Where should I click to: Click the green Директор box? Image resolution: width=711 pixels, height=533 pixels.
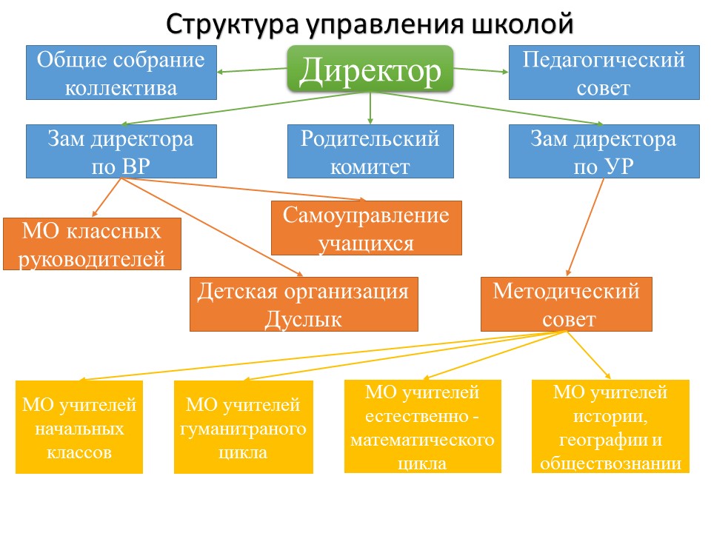pyautogui.click(x=370, y=69)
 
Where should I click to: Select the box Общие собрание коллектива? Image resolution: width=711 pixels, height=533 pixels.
pyautogui.click(x=121, y=73)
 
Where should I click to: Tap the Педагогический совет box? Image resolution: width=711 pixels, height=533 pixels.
pyautogui.click(x=603, y=73)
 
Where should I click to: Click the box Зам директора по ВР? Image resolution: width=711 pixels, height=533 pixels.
pyautogui.click(x=121, y=151)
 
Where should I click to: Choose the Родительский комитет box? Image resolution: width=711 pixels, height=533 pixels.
pyautogui.click(x=370, y=151)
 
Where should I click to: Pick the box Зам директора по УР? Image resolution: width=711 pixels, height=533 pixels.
pyautogui.click(x=603, y=151)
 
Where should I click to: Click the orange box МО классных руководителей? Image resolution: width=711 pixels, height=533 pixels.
pyautogui.click(x=93, y=244)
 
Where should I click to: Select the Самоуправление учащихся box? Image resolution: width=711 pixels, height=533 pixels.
pyautogui.click(x=366, y=228)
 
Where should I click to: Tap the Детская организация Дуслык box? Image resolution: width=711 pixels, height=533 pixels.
pyautogui.click(x=304, y=304)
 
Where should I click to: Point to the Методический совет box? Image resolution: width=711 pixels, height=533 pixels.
pyautogui.click(x=567, y=304)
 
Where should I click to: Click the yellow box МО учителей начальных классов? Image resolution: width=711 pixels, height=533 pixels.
pyautogui.click(x=79, y=427)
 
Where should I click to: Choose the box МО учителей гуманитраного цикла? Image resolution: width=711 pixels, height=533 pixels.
pyautogui.click(x=244, y=427)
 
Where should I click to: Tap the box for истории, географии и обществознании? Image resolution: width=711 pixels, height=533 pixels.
pyautogui.click(x=611, y=426)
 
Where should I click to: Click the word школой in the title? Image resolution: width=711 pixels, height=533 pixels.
pyautogui.click(x=521, y=24)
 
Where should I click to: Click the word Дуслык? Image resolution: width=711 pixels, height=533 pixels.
pyautogui.click(x=304, y=320)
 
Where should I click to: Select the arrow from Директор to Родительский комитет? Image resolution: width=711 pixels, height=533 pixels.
pyautogui.click(x=370, y=108)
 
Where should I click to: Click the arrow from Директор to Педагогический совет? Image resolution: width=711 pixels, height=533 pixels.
pyautogui.click(x=481, y=70)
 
